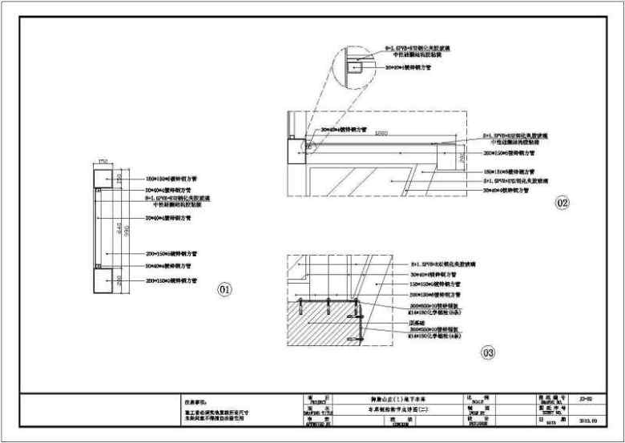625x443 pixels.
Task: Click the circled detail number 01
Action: [225, 288]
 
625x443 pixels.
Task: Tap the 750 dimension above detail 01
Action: [103, 163]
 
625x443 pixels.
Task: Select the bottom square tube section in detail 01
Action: [103, 280]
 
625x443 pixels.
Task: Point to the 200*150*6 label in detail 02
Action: [508, 151]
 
